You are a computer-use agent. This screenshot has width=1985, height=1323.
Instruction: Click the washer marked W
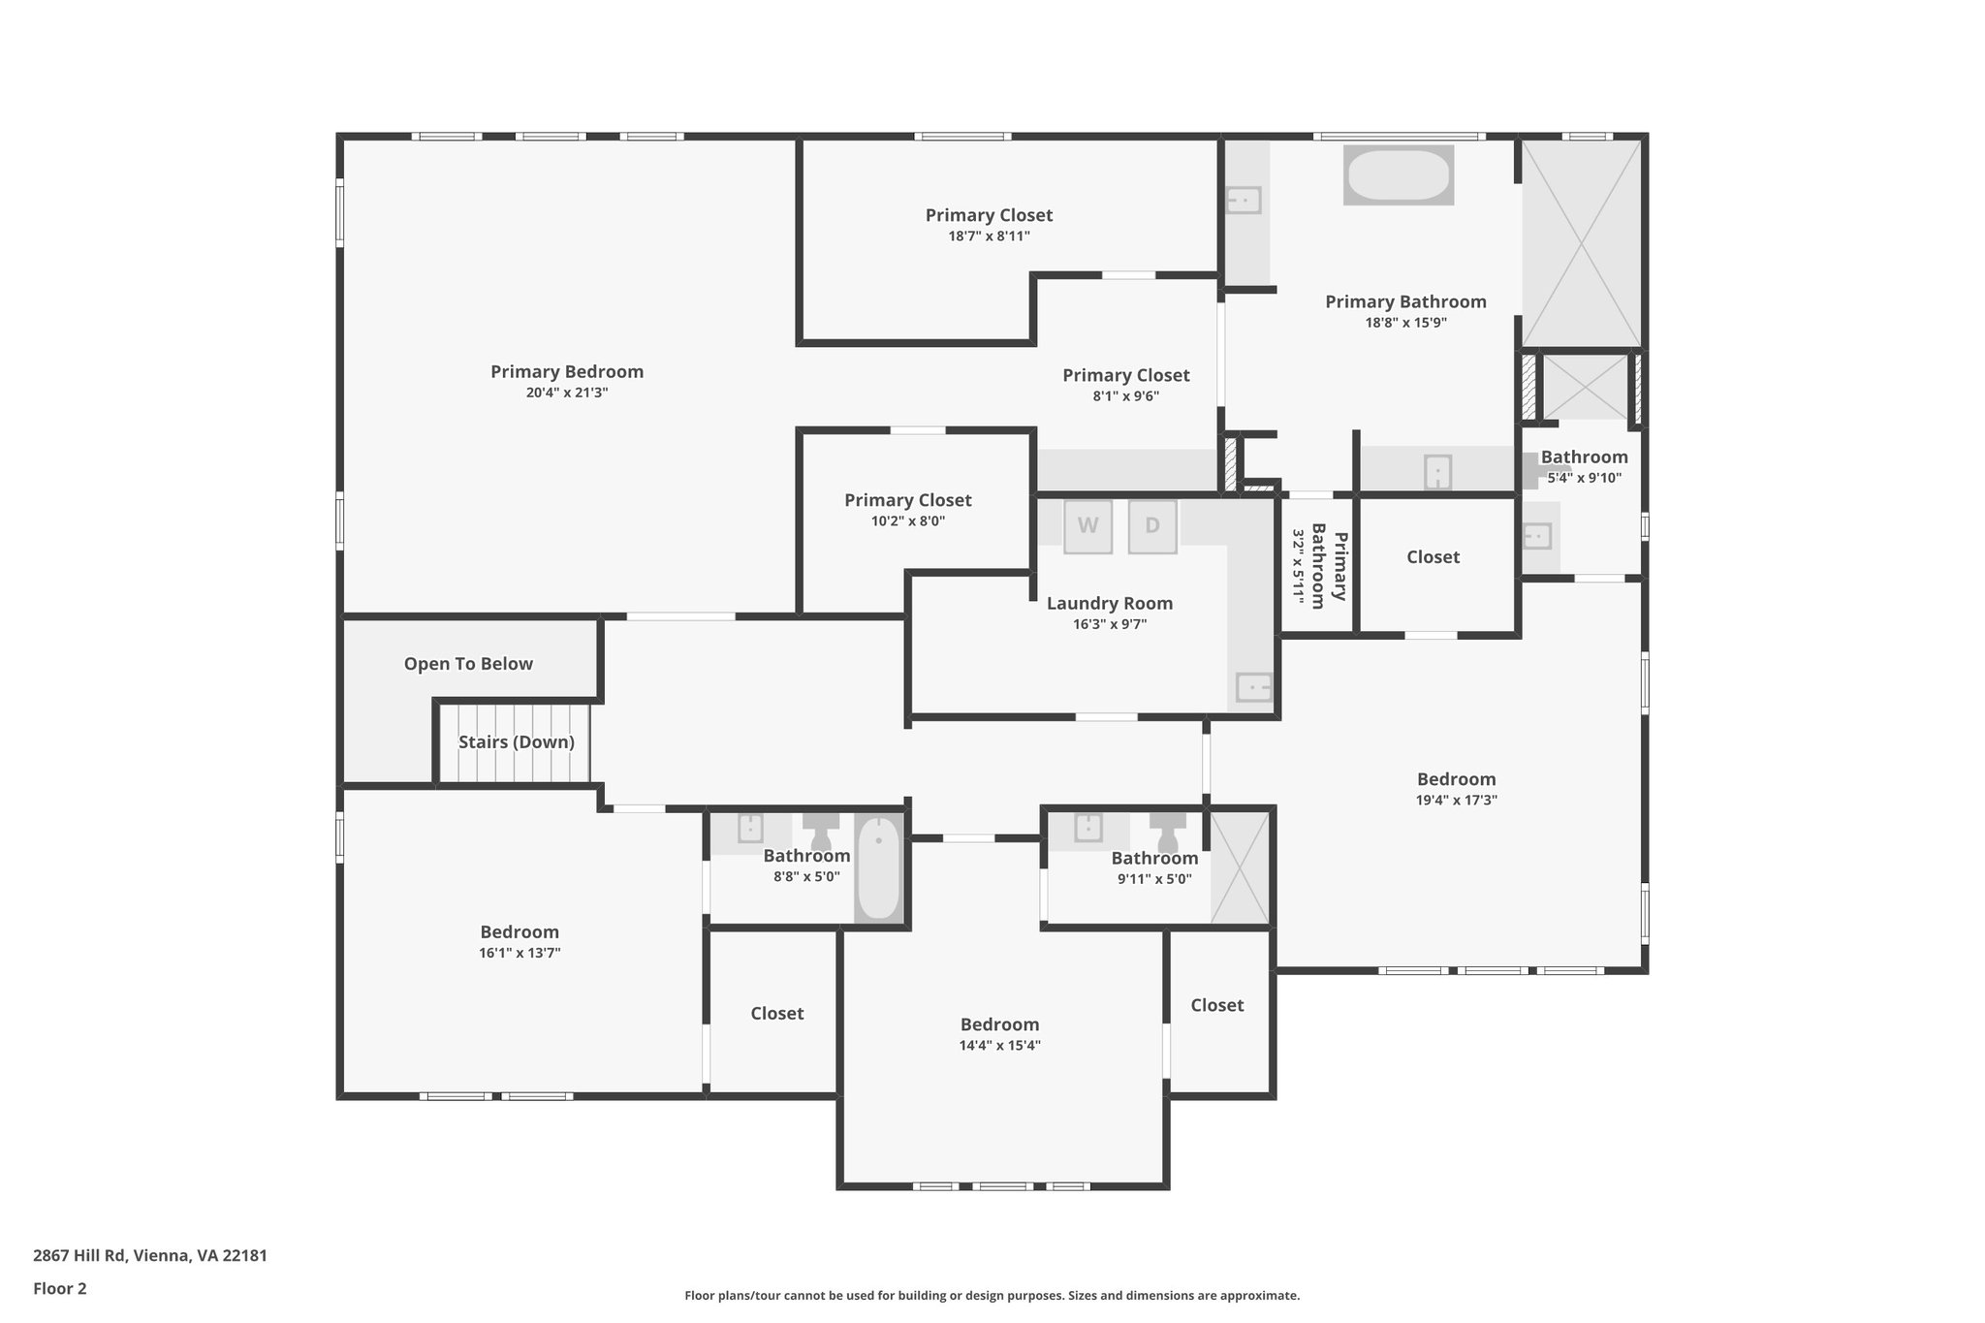(x=1087, y=526)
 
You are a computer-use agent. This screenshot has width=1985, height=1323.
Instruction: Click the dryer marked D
(x=1152, y=526)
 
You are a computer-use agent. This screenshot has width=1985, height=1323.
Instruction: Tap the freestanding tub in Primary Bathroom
(x=1398, y=175)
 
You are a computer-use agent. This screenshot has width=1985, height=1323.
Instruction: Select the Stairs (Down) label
(x=516, y=742)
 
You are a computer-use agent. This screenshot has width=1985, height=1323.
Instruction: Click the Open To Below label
(x=468, y=664)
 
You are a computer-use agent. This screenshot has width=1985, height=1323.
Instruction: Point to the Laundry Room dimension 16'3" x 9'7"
(x=1110, y=624)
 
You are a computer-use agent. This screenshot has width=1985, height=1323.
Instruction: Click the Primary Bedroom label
(x=566, y=371)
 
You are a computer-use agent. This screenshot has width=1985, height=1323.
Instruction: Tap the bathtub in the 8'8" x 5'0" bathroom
(x=878, y=868)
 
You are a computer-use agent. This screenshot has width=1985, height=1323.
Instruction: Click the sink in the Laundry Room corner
(x=1253, y=687)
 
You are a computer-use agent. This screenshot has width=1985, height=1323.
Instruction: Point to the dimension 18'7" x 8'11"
(x=989, y=236)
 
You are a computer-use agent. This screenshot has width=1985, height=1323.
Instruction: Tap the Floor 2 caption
(x=60, y=1289)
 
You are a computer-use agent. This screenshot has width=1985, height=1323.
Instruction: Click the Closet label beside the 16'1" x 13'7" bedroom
(x=776, y=1014)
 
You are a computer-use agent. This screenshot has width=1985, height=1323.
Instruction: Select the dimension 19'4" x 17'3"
(x=1456, y=801)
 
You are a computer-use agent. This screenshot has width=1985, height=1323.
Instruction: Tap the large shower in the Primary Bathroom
(x=1581, y=242)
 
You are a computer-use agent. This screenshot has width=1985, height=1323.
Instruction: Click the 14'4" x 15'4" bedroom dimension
(x=999, y=1046)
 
